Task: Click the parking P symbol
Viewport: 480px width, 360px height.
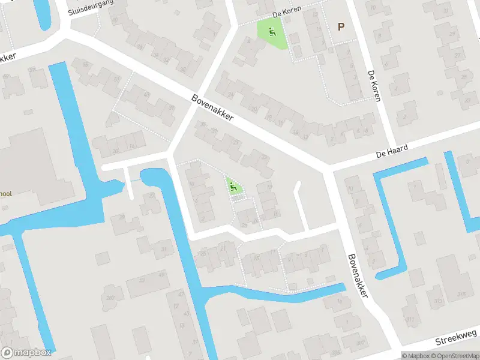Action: (341, 26)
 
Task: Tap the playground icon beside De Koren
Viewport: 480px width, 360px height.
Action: (272, 31)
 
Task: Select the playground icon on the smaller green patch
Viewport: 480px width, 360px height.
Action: (235, 188)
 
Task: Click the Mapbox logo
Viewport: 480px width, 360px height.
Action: (26, 353)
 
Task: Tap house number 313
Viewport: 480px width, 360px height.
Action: (439, 301)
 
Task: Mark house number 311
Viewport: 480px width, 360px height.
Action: (410, 320)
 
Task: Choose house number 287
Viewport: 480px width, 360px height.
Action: (110, 298)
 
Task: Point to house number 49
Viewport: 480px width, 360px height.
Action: (163, 274)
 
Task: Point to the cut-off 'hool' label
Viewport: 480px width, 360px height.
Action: (6, 194)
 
